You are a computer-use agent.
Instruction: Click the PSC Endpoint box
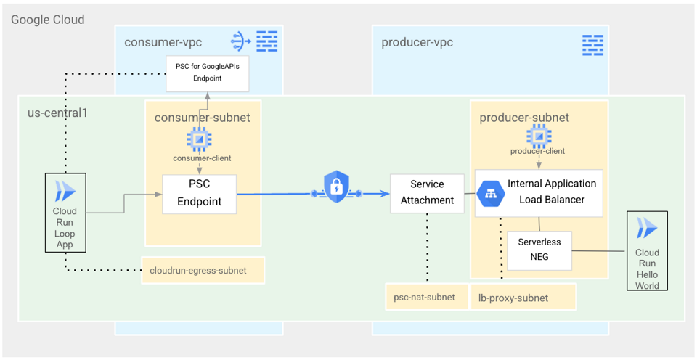[200, 193]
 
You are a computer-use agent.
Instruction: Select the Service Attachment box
[427, 193]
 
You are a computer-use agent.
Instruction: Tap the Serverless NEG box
[539, 250]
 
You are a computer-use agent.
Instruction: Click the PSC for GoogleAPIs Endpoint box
[208, 73]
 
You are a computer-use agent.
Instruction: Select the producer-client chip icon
[538, 135]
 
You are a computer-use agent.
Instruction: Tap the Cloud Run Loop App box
[65, 212]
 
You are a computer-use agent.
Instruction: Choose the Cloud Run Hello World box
[647, 251]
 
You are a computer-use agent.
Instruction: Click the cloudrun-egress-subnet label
[197, 271]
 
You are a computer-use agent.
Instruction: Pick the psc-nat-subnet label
[425, 297]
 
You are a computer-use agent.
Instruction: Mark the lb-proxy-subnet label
[513, 298]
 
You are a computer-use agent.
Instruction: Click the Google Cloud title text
[48, 20]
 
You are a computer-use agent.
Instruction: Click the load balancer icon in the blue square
[492, 193]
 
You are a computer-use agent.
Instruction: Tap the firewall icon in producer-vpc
[592, 44]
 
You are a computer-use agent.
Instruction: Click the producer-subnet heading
[524, 118]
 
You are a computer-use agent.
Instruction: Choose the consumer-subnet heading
[203, 118]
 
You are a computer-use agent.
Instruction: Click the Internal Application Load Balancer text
[552, 192]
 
